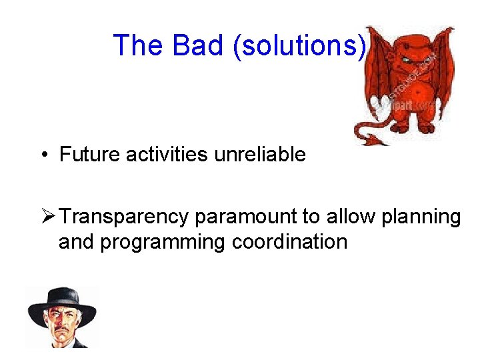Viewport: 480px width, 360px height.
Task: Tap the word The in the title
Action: [x=139, y=45]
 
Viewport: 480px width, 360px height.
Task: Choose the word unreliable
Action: [x=260, y=155]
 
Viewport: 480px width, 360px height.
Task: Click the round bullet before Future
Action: [x=42, y=155]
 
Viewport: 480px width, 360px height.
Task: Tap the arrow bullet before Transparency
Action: [x=47, y=217]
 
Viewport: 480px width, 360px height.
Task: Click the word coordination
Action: [x=290, y=241]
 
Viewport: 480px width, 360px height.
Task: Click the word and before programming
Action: [x=77, y=241]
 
